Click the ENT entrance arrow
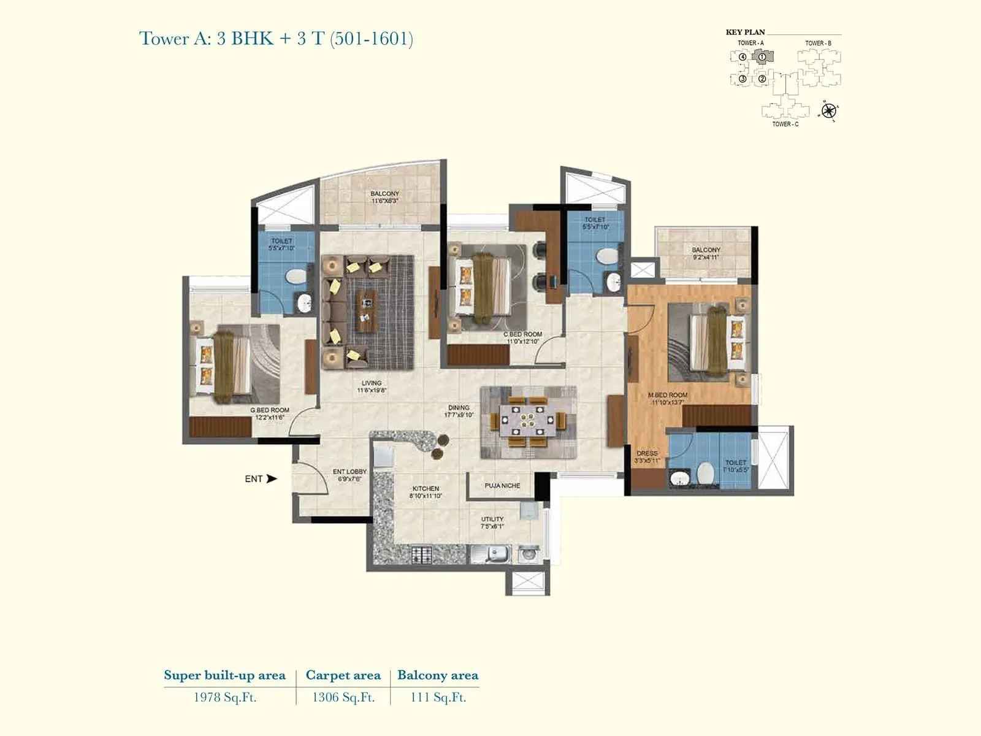point(271,478)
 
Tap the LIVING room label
point(372,386)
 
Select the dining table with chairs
point(527,422)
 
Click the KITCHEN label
point(426,492)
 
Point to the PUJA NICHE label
point(502,486)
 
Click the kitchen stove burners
point(421,555)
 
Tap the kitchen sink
point(497,554)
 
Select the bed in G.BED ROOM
point(224,363)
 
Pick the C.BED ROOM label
point(522,338)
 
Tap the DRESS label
point(647,456)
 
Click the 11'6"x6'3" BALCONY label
point(384,197)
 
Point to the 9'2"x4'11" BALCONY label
point(706,253)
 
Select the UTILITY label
point(492,522)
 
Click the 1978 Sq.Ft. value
point(224,697)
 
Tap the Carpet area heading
point(343,675)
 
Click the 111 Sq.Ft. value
point(438,697)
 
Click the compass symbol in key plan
point(828,111)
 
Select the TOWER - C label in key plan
point(785,125)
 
